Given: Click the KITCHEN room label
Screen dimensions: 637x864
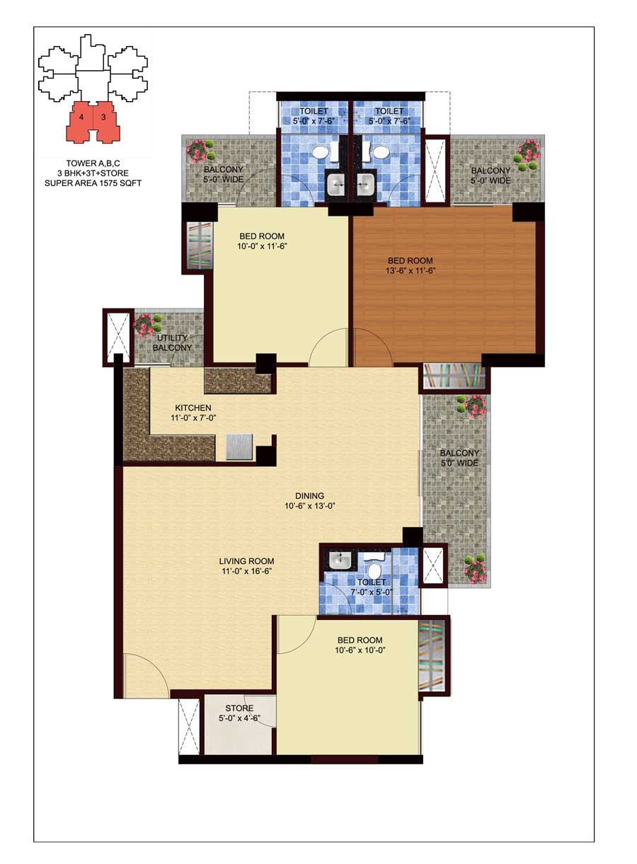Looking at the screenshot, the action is pos(193,408).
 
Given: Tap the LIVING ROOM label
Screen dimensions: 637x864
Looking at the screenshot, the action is pos(246,561).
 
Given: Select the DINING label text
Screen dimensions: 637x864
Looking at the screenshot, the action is pos(309,495).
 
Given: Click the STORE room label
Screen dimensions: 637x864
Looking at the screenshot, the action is pos(239,708).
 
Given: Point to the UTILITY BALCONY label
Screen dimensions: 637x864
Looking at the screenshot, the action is pos(172,342).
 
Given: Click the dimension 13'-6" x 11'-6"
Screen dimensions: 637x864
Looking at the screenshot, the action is pos(410,271).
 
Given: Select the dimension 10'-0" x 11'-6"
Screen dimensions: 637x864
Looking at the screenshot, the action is pos(263,246).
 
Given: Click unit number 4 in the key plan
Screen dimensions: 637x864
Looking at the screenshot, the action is pos(81,117).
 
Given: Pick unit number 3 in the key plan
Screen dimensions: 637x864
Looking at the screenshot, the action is pos(103,117).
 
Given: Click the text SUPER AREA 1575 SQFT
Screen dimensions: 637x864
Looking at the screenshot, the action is pos(93,183).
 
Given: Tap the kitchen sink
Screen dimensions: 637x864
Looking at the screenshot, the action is pos(239,447).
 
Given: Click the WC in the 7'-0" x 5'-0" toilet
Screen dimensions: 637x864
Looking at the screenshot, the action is pos(374,567).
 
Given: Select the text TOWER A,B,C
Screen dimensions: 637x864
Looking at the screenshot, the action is pos(93,163).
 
